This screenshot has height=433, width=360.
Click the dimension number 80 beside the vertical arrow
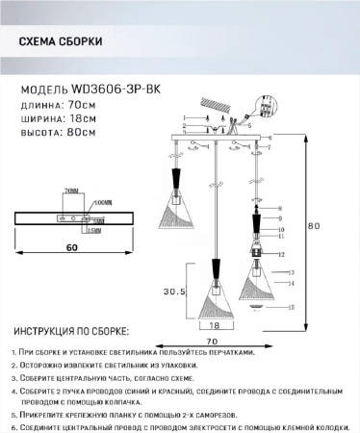tap(313, 227)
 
